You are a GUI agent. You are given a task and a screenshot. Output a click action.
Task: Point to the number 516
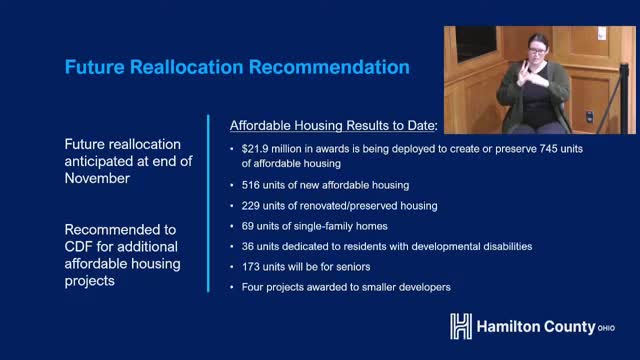[x=251, y=186]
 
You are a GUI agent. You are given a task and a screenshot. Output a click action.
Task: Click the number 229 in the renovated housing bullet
[x=251, y=206]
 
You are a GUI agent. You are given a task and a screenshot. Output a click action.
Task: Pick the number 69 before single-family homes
[x=248, y=226]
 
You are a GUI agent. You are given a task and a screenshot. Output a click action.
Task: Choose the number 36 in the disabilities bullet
[x=248, y=246]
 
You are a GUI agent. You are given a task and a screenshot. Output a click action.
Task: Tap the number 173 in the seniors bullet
[x=251, y=267]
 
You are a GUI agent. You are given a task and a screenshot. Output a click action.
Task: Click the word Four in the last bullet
[x=254, y=287]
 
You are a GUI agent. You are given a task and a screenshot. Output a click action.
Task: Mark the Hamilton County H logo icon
[x=461, y=326]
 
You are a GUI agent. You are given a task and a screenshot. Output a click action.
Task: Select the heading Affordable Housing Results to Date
[x=333, y=127]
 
